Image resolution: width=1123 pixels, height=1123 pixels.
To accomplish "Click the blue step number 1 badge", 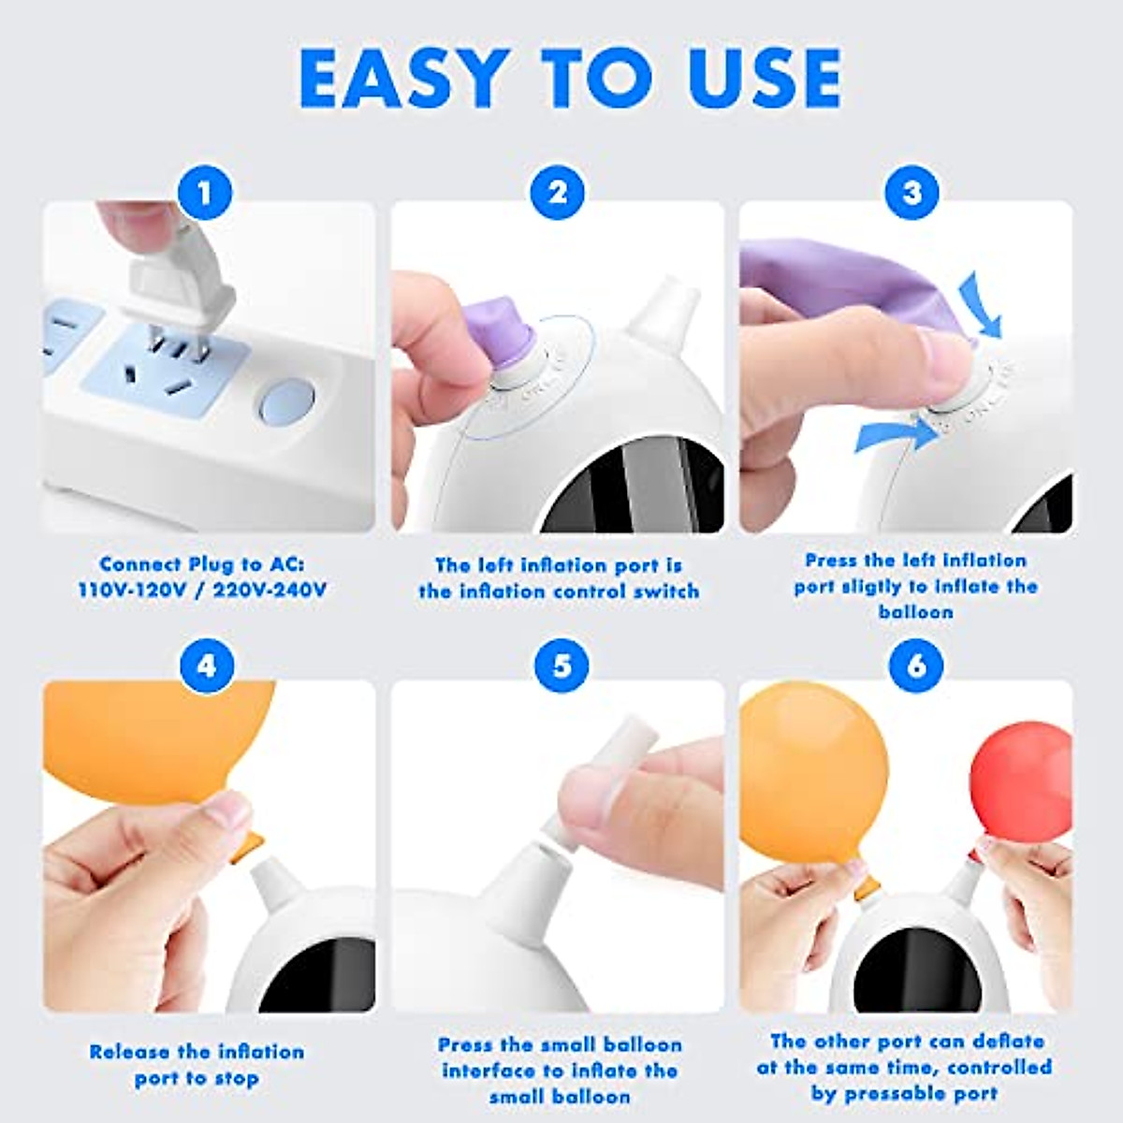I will click(x=205, y=193).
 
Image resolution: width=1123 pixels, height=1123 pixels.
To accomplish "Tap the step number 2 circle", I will click(x=558, y=193).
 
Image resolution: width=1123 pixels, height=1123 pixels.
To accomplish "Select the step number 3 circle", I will click(x=912, y=193).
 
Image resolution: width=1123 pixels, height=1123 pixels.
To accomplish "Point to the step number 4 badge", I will click(x=205, y=666).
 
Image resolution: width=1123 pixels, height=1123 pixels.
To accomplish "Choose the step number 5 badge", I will click(x=561, y=666).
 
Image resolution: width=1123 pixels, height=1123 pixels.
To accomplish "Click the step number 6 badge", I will click(x=916, y=666).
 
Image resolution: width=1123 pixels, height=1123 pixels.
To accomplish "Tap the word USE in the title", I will click(x=764, y=79).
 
